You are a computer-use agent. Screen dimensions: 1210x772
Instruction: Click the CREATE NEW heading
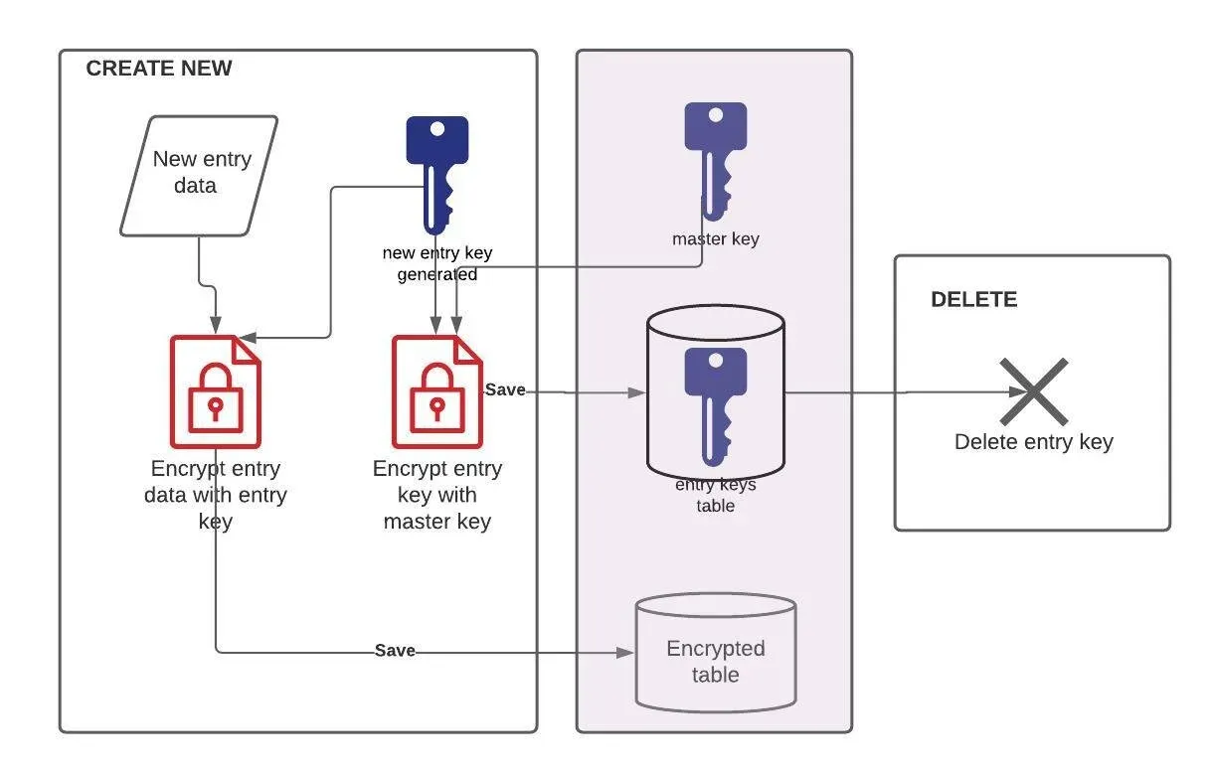(159, 68)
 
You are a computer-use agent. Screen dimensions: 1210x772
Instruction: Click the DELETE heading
(974, 299)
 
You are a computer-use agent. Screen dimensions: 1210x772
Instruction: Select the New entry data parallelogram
(199, 176)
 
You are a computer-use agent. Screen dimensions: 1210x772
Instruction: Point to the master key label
(715, 238)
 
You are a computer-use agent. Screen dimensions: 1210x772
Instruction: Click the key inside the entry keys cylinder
(715, 406)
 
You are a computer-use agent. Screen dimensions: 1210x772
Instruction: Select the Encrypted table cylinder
(715, 653)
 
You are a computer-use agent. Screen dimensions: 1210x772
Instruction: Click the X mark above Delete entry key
(1033, 391)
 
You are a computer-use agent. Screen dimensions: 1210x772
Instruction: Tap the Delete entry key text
(1033, 441)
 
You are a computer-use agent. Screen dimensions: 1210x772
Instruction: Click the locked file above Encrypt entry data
(216, 391)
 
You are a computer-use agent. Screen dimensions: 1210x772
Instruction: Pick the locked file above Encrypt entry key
(437, 391)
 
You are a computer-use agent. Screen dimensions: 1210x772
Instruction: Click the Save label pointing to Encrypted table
(395, 650)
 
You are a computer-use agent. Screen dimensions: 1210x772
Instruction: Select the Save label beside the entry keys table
(505, 389)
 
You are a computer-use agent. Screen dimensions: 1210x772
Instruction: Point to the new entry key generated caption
(437, 263)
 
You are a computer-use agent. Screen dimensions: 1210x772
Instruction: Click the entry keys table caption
(715, 495)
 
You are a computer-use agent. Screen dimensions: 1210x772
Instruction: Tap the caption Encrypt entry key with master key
(437, 495)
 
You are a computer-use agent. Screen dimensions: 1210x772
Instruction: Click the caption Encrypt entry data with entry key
(216, 495)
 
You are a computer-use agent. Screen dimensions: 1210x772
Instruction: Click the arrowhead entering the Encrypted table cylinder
(625, 653)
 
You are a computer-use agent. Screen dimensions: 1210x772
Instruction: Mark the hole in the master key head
(715, 115)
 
